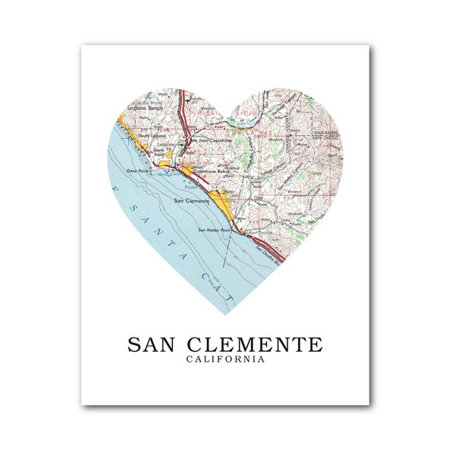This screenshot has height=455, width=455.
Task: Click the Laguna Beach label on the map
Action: [146, 108]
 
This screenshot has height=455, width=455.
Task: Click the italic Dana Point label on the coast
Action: [136, 172]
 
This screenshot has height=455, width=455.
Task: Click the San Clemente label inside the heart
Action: [191, 200]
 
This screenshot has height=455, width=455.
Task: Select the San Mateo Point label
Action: [215, 229]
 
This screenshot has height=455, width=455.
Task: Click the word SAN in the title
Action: [153, 344]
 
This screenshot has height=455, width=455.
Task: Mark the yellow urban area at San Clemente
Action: [221, 200]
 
